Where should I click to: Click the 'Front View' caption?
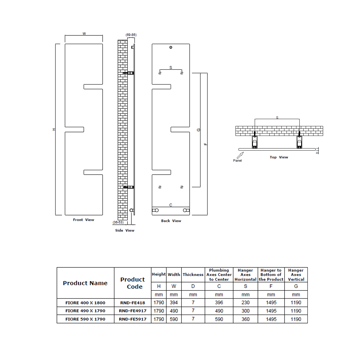click(x=83, y=220)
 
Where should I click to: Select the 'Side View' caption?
click(x=124, y=230)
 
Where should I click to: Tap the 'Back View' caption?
click(x=171, y=221)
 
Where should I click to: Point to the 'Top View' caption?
click(x=279, y=157)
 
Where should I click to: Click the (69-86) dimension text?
click(x=131, y=35)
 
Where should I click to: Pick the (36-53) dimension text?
click(x=118, y=222)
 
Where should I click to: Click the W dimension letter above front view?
click(x=84, y=34)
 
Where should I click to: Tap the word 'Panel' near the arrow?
click(x=237, y=160)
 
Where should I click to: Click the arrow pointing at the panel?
click(x=240, y=155)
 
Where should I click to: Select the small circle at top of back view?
click(x=171, y=47)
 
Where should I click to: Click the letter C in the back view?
click(x=171, y=205)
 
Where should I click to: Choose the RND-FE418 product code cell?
click(x=133, y=303)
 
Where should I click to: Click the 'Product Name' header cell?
click(x=85, y=283)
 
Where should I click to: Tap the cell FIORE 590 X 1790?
click(x=85, y=319)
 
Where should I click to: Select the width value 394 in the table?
click(x=174, y=303)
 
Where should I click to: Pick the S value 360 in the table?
click(x=245, y=319)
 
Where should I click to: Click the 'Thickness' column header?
click(x=193, y=274)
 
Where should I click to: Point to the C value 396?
click(x=219, y=303)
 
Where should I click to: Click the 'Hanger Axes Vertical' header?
click(x=296, y=275)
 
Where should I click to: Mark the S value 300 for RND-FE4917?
click(x=245, y=311)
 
